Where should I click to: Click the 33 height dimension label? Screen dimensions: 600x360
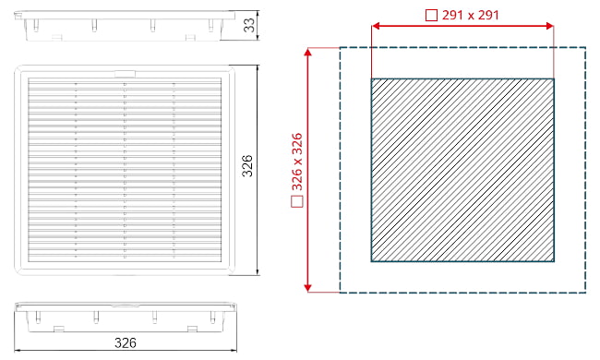point(249,25)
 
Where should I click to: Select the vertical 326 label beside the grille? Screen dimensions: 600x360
point(247,165)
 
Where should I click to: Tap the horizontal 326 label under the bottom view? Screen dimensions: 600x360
point(126,342)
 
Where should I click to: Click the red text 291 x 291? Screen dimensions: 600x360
point(471,16)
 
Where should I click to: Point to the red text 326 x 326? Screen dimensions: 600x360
point(297,162)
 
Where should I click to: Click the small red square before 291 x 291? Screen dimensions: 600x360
point(431,16)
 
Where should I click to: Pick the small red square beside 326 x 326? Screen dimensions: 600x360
point(297,201)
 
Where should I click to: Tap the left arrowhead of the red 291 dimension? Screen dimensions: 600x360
point(376,26)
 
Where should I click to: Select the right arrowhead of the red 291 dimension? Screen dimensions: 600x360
point(549,26)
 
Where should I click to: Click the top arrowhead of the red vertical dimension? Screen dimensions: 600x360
point(308,52)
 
